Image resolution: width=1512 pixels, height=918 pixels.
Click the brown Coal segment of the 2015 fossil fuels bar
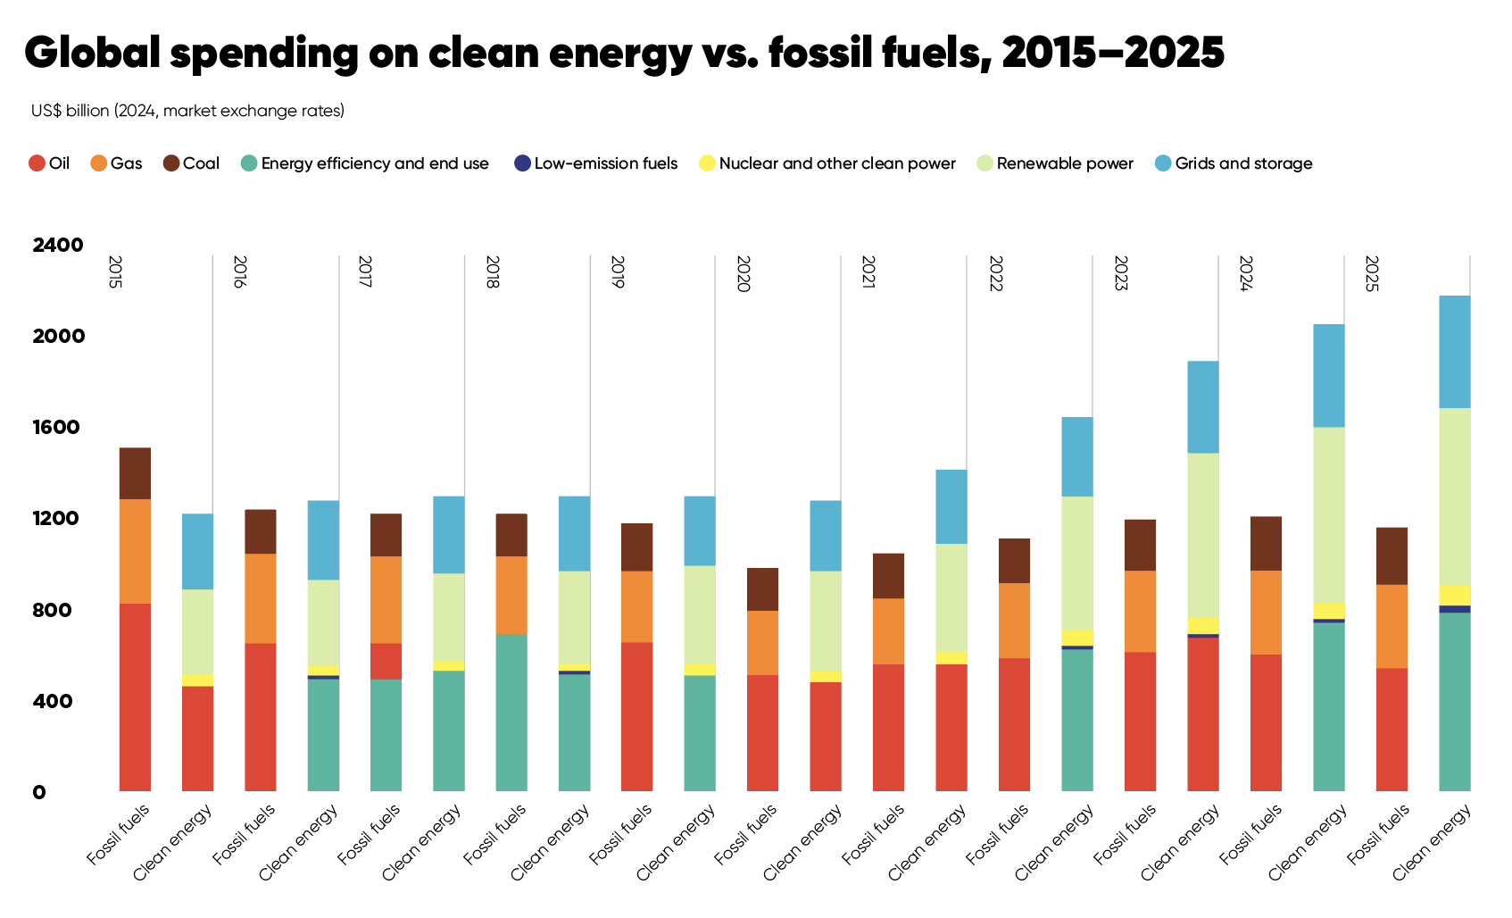coord(135,473)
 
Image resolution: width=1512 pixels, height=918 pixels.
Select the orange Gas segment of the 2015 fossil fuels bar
coord(135,551)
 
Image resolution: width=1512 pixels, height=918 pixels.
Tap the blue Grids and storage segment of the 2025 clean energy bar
coord(1455,352)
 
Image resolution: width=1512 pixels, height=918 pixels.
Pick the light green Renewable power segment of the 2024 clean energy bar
coord(1329,514)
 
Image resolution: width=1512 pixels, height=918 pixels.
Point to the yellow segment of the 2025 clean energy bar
coord(1455,595)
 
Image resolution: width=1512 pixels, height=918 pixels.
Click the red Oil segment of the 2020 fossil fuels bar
coord(762,732)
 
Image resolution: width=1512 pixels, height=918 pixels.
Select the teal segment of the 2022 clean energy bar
coord(1077,719)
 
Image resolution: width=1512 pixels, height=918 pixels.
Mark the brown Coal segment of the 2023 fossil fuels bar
coord(1140,545)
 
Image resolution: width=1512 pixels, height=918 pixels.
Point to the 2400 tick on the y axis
coord(58,245)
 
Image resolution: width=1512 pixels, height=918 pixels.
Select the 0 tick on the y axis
coord(39,792)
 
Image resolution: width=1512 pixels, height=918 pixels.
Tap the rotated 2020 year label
coord(743,273)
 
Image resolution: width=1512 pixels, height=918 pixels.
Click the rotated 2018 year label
coord(492,271)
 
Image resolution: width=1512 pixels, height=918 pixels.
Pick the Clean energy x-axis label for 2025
coord(1433,841)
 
